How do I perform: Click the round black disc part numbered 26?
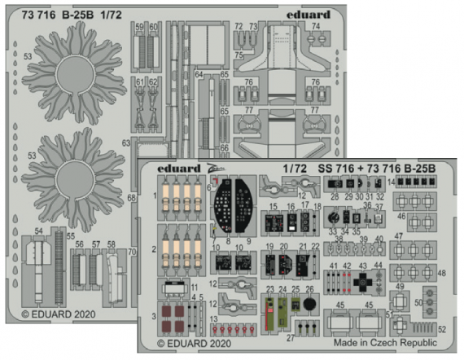[x=309, y=304]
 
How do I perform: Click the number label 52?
[x=443, y=329]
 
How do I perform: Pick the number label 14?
[x=391, y=180]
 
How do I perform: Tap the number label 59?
[x=140, y=27]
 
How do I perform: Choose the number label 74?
[x=315, y=26]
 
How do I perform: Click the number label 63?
[x=126, y=143]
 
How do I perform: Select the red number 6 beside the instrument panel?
[x=209, y=187]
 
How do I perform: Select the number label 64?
[x=199, y=74]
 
